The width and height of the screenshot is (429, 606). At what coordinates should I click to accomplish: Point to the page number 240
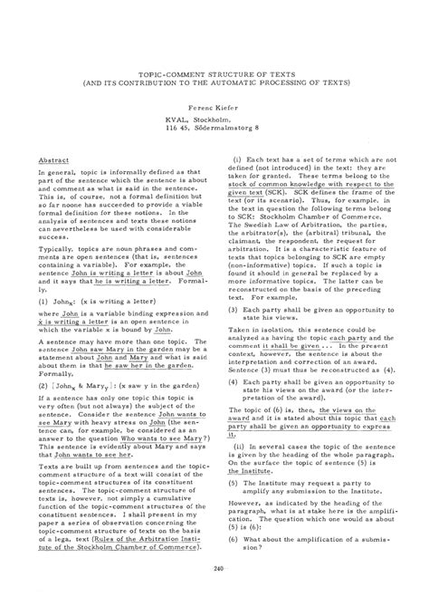pos(214,567)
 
